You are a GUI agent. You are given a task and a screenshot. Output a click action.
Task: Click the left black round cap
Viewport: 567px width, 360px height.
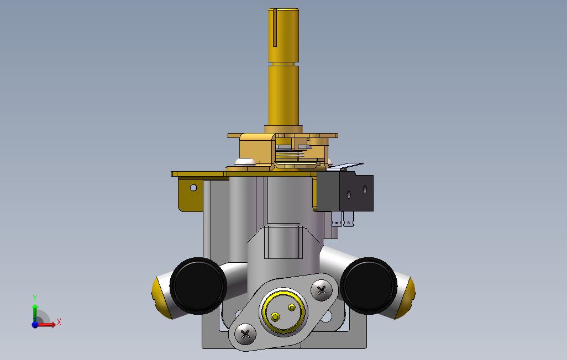(x=198, y=285)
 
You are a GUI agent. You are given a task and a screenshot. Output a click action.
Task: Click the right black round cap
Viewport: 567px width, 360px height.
(x=369, y=285)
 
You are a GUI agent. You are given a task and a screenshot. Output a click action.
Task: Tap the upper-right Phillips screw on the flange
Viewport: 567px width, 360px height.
(x=322, y=290)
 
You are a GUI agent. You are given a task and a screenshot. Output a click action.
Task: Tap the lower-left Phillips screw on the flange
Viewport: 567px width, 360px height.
(x=245, y=334)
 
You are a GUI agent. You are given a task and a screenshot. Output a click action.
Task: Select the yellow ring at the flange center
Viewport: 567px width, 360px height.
(x=283, y=311)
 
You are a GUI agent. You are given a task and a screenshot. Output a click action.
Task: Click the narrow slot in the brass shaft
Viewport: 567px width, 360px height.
(x=275, y=28)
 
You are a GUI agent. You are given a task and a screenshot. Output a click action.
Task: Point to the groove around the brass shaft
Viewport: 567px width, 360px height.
(x=283, y=63)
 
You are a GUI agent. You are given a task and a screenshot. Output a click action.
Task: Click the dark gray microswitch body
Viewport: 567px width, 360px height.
(x=345, y=192)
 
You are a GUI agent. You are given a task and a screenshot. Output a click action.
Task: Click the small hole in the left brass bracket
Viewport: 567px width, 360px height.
(x=193, y=188)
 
